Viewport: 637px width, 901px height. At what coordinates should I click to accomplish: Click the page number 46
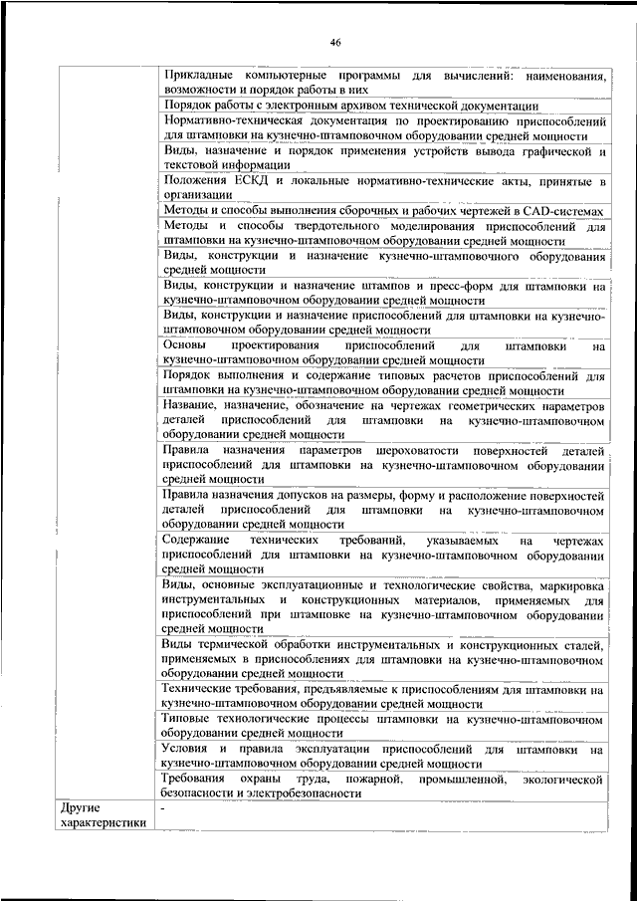click(x=335, y=42)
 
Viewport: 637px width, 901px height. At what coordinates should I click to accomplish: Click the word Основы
click(x=186, y=345)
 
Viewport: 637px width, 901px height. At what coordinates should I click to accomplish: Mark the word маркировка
click(x=569, y=586)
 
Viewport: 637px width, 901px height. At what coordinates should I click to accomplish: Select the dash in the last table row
click(x=163, y=809)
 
